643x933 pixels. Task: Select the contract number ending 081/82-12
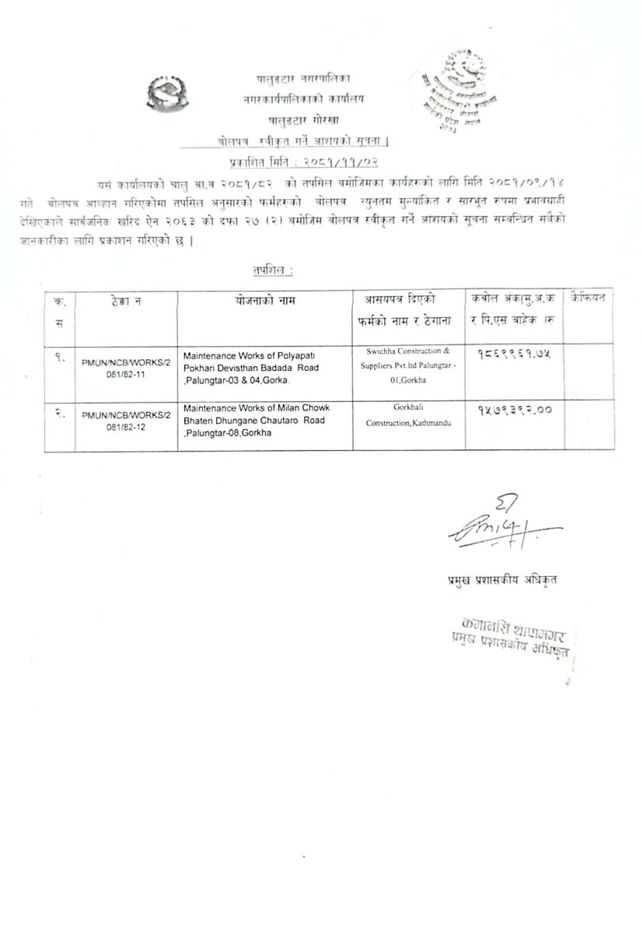[x=126, y=421]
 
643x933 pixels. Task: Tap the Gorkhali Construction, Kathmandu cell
[x=407, y=414]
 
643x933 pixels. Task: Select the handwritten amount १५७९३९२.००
[x=510, y=411]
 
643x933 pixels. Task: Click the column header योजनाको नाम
[x=264, y=300]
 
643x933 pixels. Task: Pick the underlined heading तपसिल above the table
[x=272, y=270]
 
